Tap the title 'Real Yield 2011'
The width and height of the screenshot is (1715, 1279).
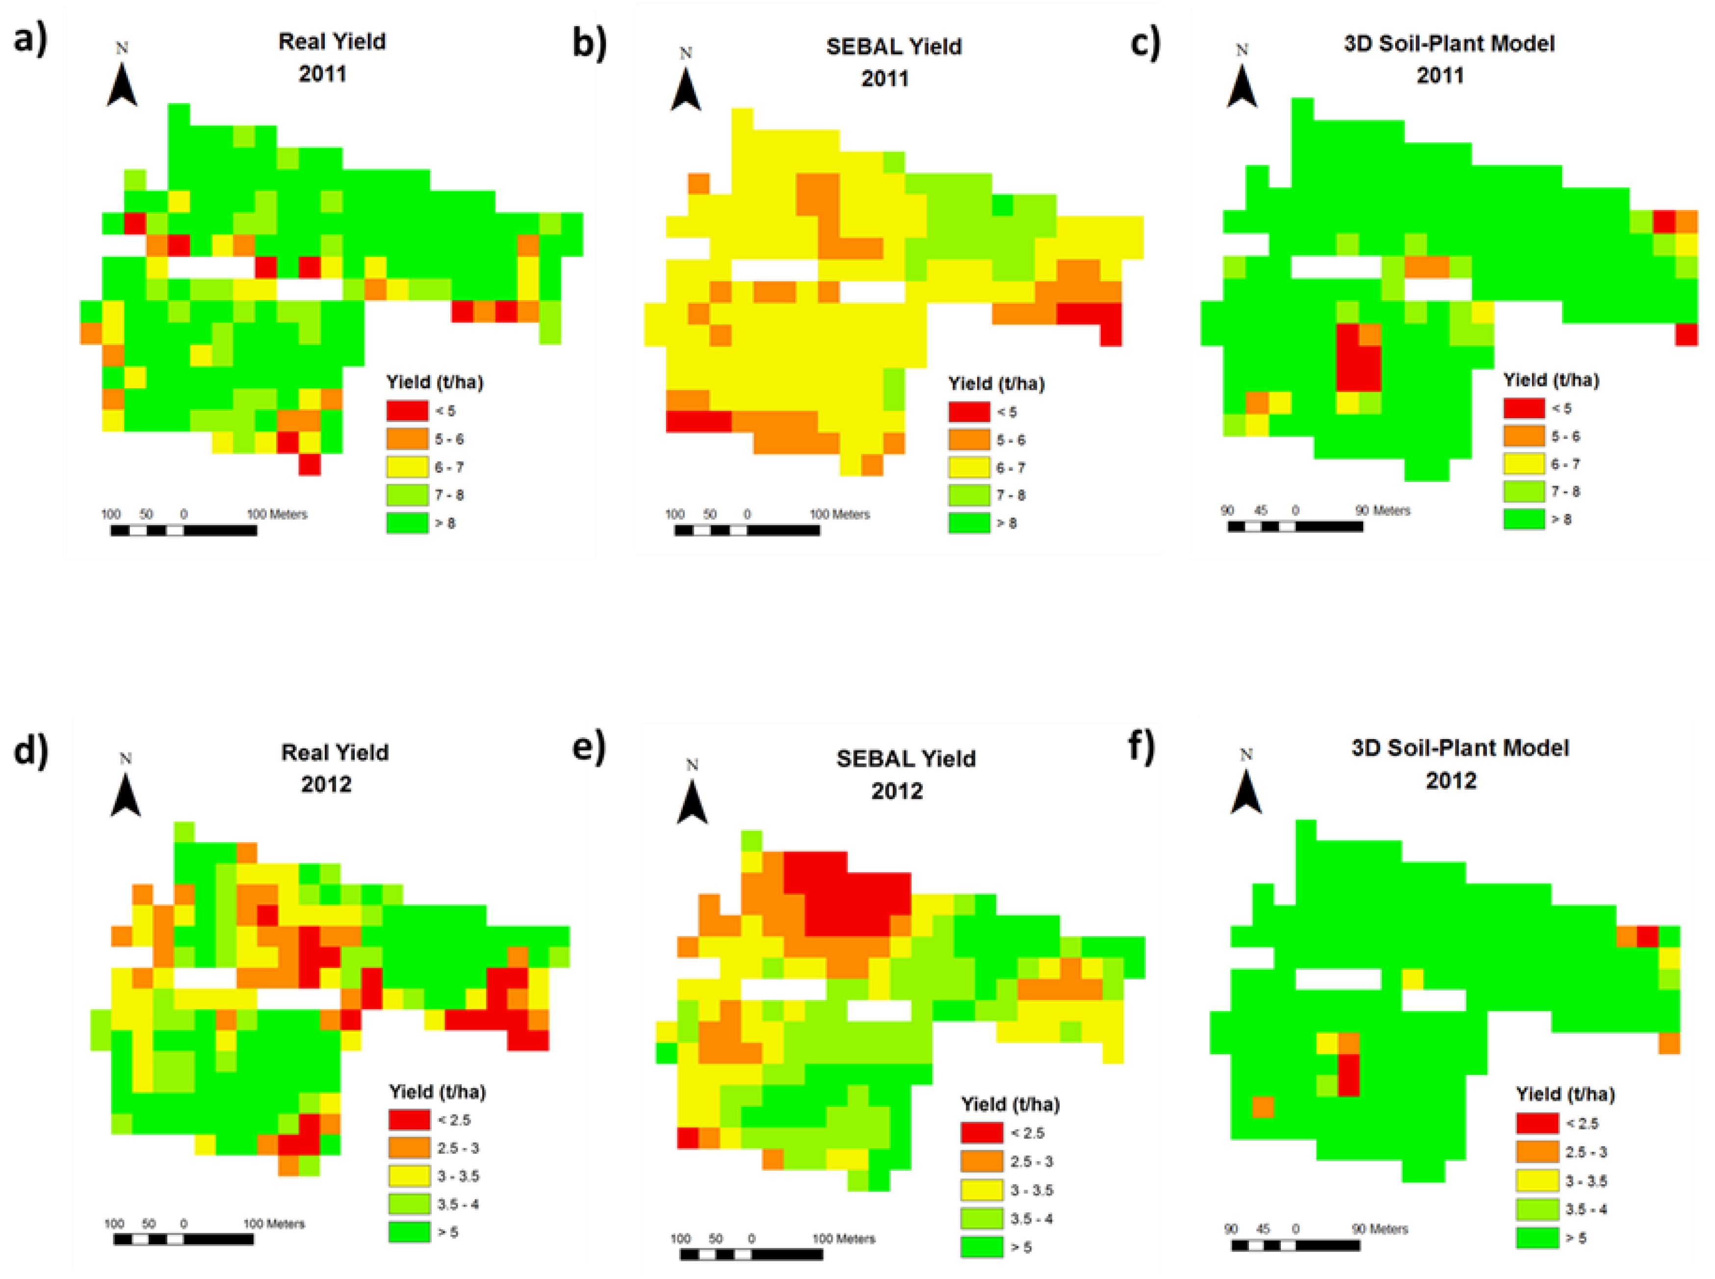click(331, 57)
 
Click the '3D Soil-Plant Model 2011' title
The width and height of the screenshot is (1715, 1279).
click(1448, 59)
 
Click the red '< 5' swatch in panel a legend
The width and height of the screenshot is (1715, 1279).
click(407, 410)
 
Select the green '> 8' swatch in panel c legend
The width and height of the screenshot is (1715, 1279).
click(1524, 519)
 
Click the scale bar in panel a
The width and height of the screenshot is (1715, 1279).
click(183, 531)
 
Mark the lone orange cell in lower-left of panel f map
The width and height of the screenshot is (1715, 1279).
click(1262, 1107)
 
